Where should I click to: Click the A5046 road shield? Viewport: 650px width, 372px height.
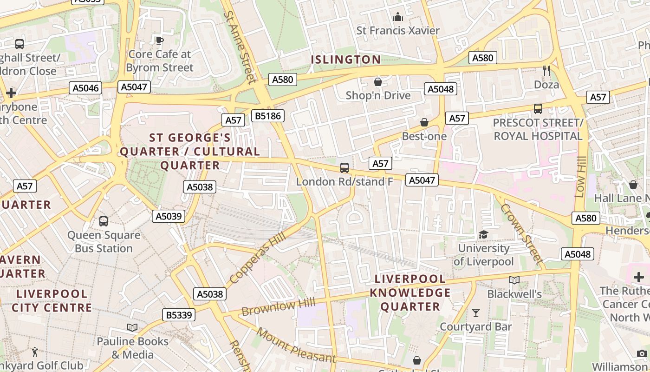coord(86,88)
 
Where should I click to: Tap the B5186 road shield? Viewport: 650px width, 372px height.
coord(267,115)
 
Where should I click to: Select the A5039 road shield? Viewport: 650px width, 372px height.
coord(169,216)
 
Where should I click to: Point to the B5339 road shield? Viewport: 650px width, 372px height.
coord(179,315)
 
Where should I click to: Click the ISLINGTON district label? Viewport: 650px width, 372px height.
coord(345,60)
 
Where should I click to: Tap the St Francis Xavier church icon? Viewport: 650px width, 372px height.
coord(398,18)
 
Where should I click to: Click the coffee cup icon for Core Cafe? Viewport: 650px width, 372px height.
coord(160,41)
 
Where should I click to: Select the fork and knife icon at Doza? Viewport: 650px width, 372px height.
coord(546,71)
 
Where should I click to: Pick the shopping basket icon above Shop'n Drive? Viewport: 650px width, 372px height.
coord(378,82)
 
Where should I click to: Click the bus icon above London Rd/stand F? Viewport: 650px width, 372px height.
coord(344,168)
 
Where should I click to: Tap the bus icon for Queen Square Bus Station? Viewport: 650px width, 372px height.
coord(104,221)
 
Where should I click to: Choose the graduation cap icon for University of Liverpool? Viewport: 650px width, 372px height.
coord(483,234)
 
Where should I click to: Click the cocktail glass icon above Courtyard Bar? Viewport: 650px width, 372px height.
coord(476,313)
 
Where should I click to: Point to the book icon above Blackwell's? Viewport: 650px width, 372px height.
coord(514,280)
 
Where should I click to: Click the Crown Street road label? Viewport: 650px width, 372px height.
coord(521,234)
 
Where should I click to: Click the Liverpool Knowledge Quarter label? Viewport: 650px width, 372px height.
coord(410,293)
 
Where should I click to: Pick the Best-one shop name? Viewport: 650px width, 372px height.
coord(424,136)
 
